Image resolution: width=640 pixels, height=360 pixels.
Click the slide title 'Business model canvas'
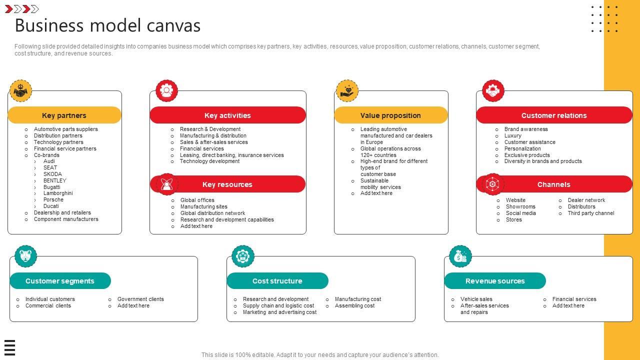pos(107,25)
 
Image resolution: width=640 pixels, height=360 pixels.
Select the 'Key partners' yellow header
pos(64,115)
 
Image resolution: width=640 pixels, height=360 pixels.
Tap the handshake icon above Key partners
pos(20,91)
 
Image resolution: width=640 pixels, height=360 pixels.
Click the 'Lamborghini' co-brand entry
pos(58,193)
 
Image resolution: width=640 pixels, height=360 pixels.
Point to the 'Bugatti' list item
pos(52,187)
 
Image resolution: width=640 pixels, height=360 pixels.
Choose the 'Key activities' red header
pos(227,115)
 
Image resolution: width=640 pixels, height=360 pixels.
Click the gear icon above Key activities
pos(166,91)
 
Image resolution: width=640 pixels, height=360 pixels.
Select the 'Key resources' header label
pos(227,184)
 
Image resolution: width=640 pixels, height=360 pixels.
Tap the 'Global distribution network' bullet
pos(212,213)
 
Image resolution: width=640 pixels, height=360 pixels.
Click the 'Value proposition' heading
pos(390,115)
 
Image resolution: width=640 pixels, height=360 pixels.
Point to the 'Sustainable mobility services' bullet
pos(380,184)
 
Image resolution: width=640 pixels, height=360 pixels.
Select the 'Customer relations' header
pos(554,115)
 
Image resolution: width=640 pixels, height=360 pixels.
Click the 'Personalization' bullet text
pos(522,148)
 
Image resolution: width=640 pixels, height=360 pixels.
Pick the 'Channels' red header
pos(553,184)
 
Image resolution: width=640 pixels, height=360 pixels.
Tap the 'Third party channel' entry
pos(590,213)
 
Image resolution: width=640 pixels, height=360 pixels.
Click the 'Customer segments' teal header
pos(60,281)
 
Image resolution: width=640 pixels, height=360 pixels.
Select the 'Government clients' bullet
pos(140,299)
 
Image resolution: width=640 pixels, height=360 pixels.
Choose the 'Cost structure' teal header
pos(277,281)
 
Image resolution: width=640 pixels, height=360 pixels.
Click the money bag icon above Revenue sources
pos(460,256)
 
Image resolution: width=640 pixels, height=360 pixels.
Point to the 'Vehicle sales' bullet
pos(476,299)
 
